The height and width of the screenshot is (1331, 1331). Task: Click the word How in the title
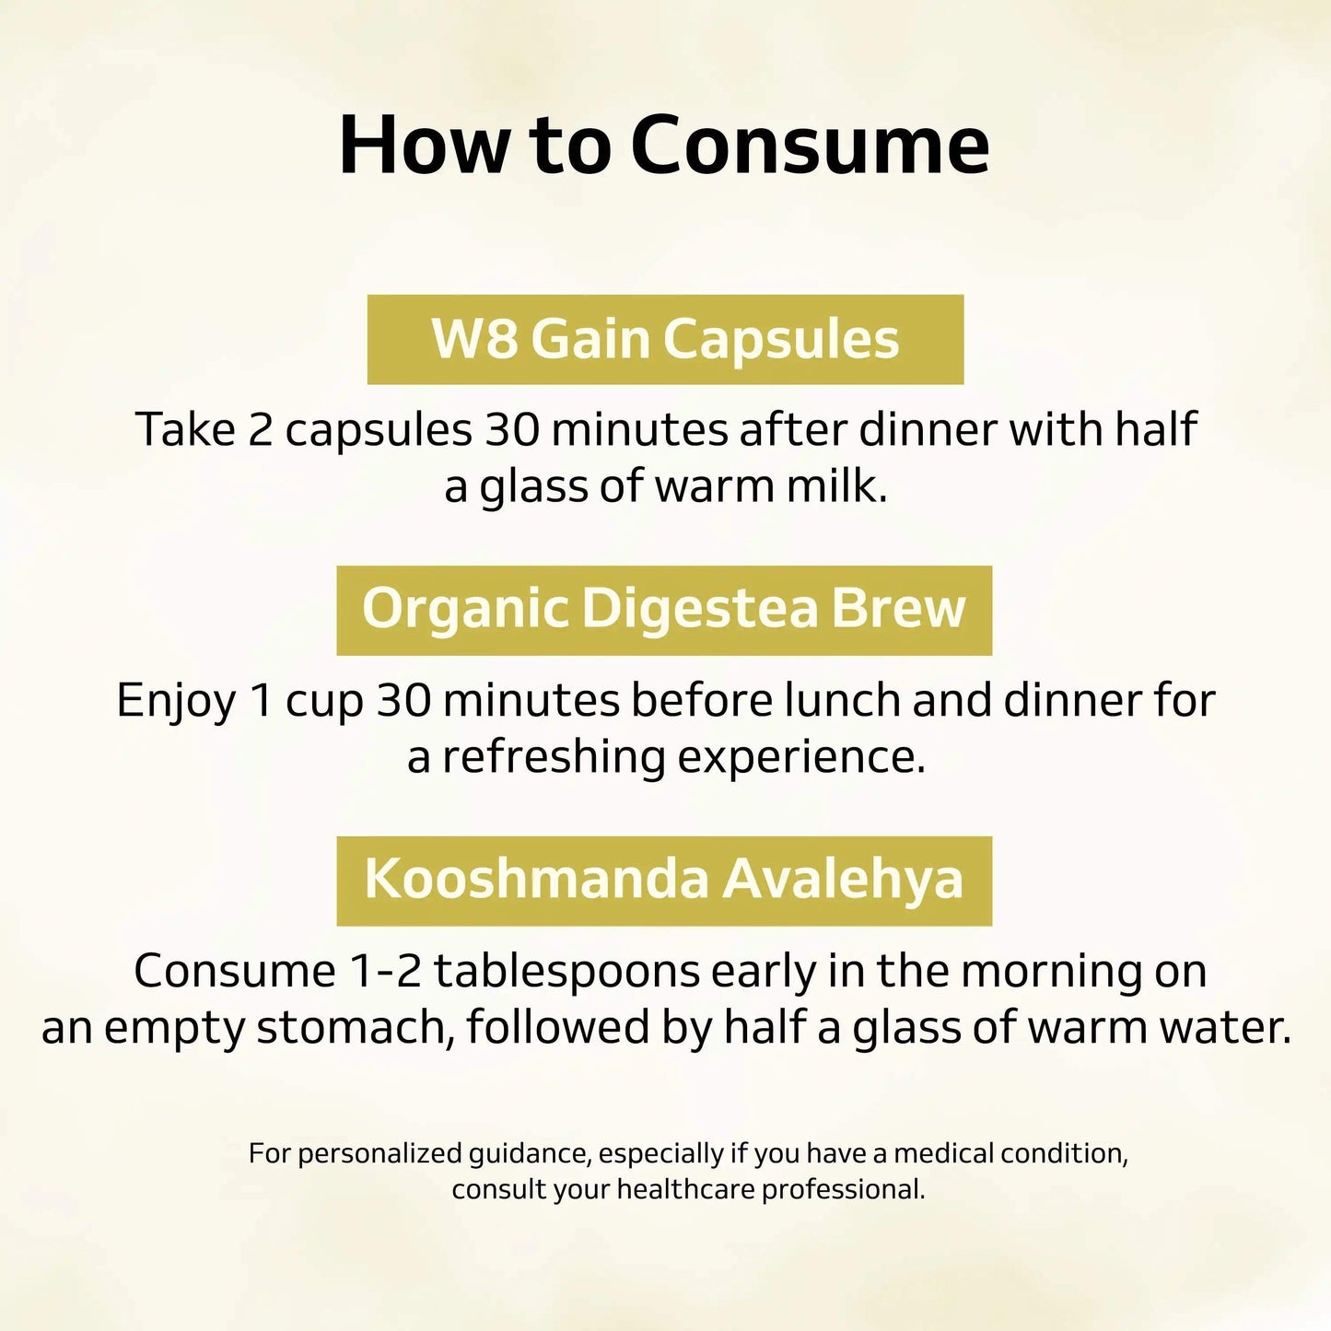(x=422, y=146)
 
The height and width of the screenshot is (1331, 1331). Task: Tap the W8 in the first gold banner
(x=473, y=339)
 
